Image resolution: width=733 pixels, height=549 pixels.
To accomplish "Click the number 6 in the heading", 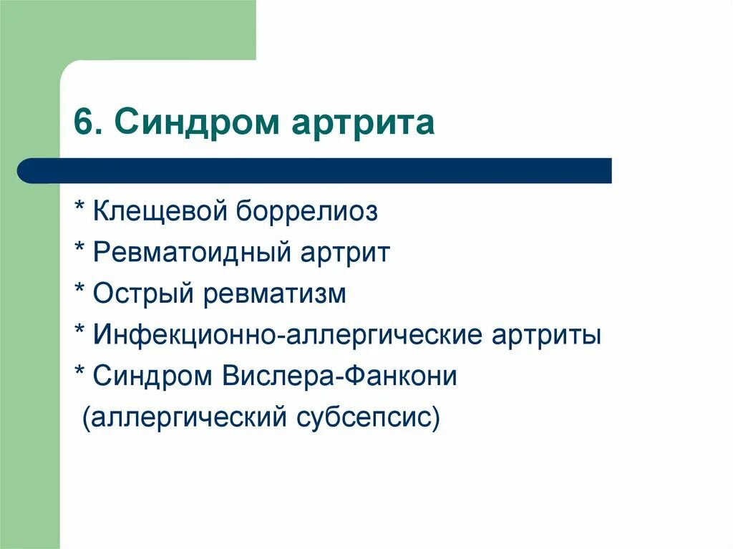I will pyautogui.click(x=83, y=123).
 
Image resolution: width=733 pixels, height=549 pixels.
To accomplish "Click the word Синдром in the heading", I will pyautogui.click(x=194, y=123).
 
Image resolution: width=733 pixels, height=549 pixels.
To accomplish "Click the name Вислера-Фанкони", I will pyautogui.click(x=339, y=376).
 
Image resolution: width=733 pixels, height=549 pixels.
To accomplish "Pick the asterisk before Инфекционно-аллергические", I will pyautogui.click(x=80, y=331).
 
